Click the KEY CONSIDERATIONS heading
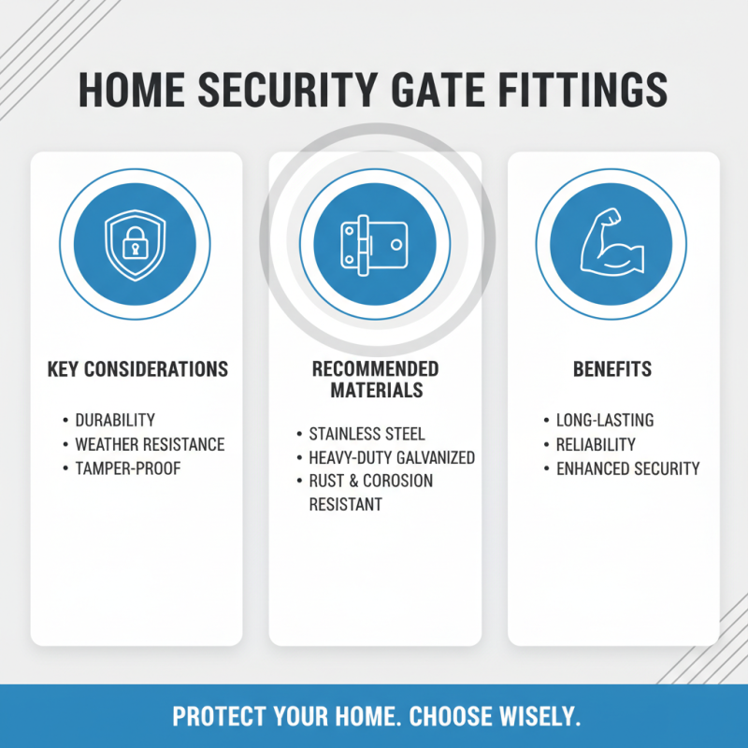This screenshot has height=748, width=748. click(x=137, y=369)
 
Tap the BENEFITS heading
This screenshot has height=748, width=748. click(x=612, y=369)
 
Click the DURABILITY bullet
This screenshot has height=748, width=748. click(x=115, y=421)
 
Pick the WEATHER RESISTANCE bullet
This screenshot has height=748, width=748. click(x=150, y=444)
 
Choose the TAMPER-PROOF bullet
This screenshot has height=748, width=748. click(x=127, y=468)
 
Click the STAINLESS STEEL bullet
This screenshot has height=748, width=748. click(x=367, y=435)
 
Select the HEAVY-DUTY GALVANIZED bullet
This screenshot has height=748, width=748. click(x=392, y=458)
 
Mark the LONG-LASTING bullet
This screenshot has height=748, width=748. click(x=605, y=421)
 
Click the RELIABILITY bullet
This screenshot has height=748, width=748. click(x=596, y=444)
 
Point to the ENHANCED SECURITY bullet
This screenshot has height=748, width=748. click(x=627, y=468)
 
